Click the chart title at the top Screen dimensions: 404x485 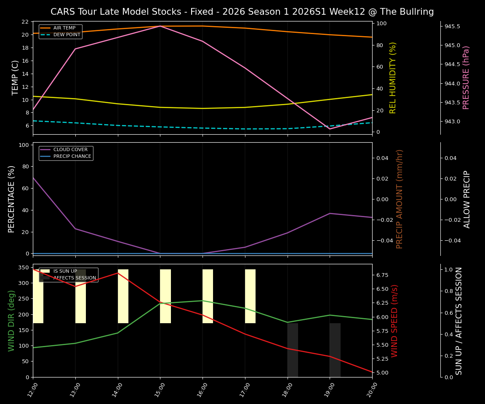click(242, 12)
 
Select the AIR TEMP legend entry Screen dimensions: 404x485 click(64, 28)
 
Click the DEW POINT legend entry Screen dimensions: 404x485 click(67, 35)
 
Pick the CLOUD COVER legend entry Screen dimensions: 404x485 click(70, 150)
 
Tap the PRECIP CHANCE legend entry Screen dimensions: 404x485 click(72, 157)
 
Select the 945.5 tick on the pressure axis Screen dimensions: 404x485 click(452, 27)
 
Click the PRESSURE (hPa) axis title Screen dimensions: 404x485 click(466, 77)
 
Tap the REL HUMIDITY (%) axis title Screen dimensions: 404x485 click(393, 77)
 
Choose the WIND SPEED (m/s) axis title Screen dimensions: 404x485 click(394, 321)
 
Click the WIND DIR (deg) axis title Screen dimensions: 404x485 click(11, 321)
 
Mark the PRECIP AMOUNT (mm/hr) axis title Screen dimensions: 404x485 click(400, 199)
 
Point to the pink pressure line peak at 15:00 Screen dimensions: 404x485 click(160, 26)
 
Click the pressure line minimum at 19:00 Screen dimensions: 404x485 click(330, 129)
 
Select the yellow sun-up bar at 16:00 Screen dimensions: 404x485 click(208, 296)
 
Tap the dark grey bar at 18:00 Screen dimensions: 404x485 click(293, 350)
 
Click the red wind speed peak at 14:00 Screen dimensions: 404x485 click(118, 273)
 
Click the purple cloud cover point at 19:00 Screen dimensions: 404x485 click(330, 213)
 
